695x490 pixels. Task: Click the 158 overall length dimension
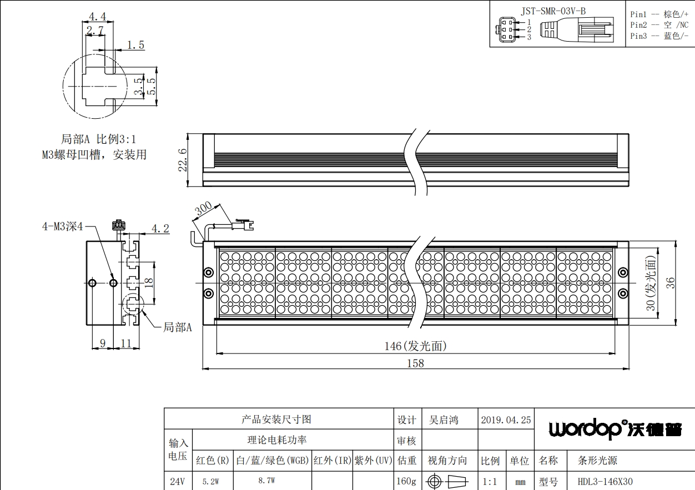pos(415,363)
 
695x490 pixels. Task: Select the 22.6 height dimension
pos(183,160)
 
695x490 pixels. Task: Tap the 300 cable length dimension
pos(204,209)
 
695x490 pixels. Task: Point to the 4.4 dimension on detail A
pos(98,17)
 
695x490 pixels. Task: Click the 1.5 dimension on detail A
pos(135,46)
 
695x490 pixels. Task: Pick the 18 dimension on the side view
pos(149,282)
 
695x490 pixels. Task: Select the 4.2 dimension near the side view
pos(160,229)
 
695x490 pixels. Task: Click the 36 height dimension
pos(671,283)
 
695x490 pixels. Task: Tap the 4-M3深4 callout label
pos(63,226)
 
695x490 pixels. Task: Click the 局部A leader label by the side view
pos(178,327)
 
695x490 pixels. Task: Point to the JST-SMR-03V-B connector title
pos(553,11)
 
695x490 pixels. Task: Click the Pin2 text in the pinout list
pos(638,25)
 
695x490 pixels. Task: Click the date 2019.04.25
pos(506,420)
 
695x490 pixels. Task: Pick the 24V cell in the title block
pos(178,481)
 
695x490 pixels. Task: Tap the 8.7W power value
pos(266,481)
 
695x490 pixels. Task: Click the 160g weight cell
pos(406,481)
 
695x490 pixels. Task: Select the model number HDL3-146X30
pos(605,482)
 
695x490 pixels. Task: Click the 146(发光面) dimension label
pos(415,346)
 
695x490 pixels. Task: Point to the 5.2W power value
pos(211,482)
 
